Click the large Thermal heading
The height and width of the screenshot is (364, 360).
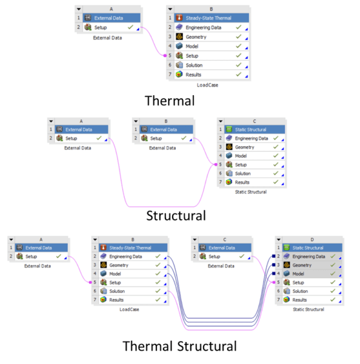coord(170,101)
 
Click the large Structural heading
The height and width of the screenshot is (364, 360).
coord(176,215)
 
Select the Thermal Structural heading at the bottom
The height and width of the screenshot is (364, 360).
coord(179,346)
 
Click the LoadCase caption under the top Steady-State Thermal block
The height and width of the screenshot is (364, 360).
coord(207,85)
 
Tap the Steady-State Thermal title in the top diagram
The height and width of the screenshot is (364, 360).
coord(208,18)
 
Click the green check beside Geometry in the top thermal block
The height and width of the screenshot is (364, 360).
coord(238,36)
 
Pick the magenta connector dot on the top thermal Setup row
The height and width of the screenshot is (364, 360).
coord(165,55)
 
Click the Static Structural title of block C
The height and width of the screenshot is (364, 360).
coord(250,130)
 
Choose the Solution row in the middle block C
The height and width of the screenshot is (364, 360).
coord(255,174)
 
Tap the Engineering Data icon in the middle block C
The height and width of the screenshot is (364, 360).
coord(229,138)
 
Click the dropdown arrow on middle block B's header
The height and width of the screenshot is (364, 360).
coord(136,121)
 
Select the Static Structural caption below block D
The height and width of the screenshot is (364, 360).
coord(308,309)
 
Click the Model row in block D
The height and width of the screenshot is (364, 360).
coord(312,274)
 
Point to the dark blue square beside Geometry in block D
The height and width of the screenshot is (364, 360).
coord(274,265)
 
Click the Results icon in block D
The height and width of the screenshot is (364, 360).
coord(287,300)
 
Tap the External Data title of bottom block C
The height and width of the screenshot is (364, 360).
coord(222,248)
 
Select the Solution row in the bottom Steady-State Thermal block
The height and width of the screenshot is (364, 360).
coord(133,291)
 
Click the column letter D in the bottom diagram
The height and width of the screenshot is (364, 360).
coord(312,240)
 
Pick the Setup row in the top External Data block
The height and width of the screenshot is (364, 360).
coord(112,27)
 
